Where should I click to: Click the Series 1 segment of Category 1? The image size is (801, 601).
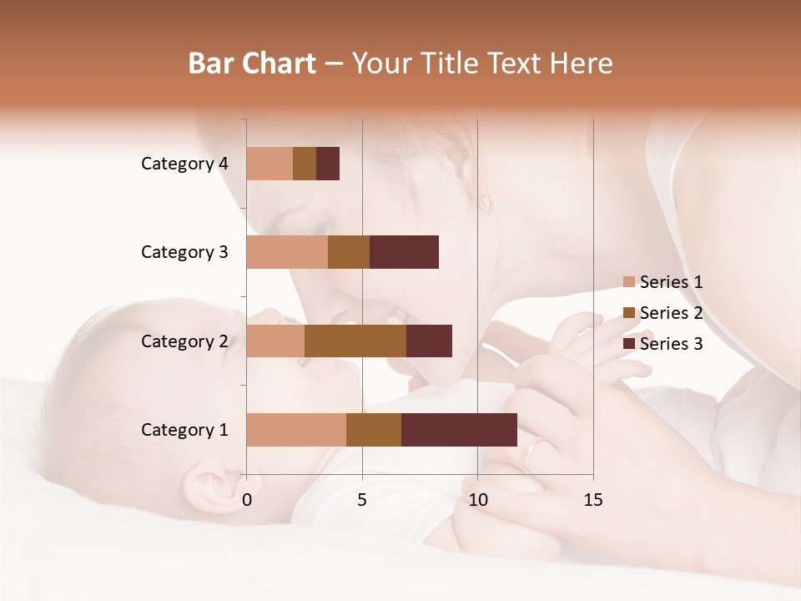point(296,429)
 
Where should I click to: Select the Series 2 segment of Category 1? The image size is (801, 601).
point(374,429)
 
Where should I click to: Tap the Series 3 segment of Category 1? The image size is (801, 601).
point(459,429)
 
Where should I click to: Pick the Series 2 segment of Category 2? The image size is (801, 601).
point(355,341)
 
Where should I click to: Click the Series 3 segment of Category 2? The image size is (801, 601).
point(429,341)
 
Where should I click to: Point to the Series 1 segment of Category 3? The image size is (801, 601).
point(287,252)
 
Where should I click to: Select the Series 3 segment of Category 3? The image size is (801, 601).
point(404,252)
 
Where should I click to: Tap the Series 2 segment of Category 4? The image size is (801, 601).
point(305,164)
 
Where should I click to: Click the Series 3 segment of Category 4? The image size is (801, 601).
point(328,164)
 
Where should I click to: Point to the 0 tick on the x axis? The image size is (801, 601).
point(247,500)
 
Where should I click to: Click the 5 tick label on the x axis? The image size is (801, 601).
point(362,500)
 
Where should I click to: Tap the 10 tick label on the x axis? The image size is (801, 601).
point(477,500)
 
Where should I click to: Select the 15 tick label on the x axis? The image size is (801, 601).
point(592,500)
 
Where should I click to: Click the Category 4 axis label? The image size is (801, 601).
point(184,164)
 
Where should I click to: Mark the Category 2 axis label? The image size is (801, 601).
point(184,341)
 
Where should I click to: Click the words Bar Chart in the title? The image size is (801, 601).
point(252,63)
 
